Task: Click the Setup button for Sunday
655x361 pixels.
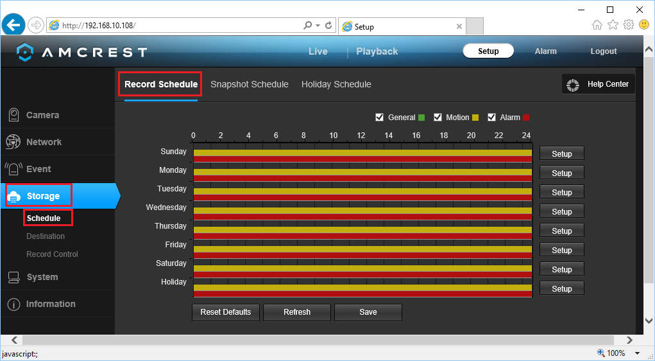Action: (x=561, y=154)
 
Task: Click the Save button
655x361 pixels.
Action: (x=368, y=312)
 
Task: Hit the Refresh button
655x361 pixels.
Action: (x=296, y=312)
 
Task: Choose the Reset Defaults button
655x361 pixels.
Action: (x=225, y=312)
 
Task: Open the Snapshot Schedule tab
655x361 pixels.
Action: (x=249, y=84)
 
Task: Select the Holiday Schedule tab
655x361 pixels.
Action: (x=336, y=84)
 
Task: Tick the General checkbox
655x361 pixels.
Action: (x=380, y=118)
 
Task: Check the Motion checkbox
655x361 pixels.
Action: (x=438, y=118)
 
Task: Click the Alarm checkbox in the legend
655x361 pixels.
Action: (x=492, y=118)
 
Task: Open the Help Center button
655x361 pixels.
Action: (x=599, y=84)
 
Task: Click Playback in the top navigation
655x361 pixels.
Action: (x=377, y=51)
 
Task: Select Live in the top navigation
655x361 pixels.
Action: (x=318, y=51)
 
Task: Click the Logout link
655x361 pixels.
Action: (x=603, y=51)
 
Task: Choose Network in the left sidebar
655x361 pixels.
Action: (x=44, y=142)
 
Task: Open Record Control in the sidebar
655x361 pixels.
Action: (x=52, y=254)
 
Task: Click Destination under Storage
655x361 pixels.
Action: (x=46, y=236)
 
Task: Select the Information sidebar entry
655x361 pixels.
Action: (x=50, y=304)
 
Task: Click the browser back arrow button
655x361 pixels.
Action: (x=13, y=25)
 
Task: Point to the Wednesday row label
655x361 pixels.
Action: (x=166, y=207)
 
